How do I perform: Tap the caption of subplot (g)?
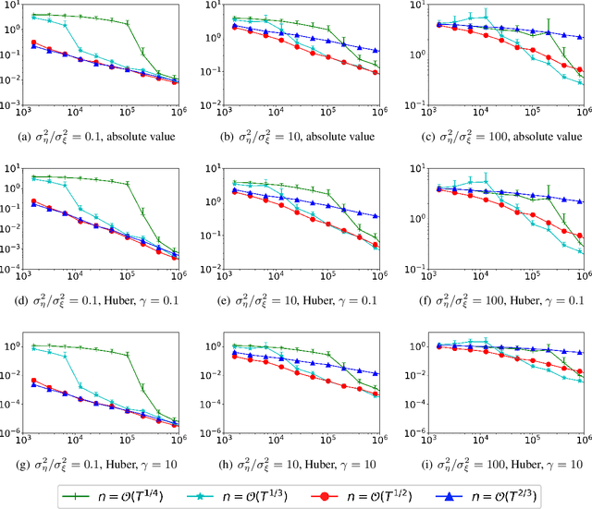click(99, 462)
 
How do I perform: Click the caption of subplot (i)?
click(495, 462)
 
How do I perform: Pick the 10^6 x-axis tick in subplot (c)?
click(581, 122)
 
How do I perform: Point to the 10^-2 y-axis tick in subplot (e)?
click(214, 272)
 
